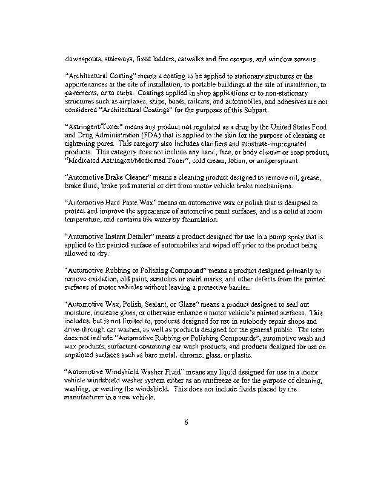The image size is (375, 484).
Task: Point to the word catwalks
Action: (x=211, y=60)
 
